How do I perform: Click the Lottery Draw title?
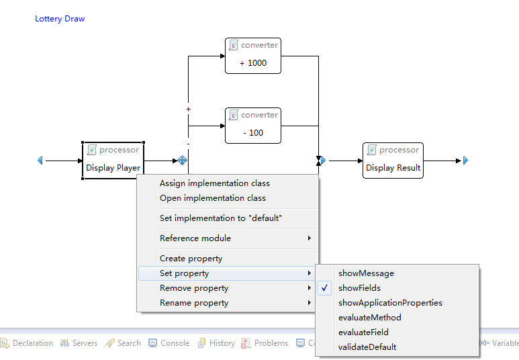click(x=60, y=19)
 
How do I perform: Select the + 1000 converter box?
click(x=253, y=56)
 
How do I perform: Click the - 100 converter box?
click(x=253, y=126)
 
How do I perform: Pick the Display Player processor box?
click(x=113, y=161)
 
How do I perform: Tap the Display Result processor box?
click(x=393, y=161)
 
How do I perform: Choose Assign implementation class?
click(x=215, y=183)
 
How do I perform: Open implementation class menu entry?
click(x=213, y=198)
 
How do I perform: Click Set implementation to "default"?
click(x=221, y=218)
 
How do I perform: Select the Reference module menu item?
click(x=195, y=238)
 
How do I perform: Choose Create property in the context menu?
click(x=191, y=259)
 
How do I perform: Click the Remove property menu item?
click(x=194, y=288)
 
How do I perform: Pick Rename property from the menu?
click(x=194, y=303)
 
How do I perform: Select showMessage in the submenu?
click(x=366, y=273)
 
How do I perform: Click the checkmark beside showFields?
click(x=324, y=288)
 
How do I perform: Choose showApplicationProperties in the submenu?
click(x=390, y=303)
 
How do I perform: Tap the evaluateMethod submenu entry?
click(x=370, y=318)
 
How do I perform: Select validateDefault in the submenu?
click(x=367, y=347)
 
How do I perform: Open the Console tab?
click(x=169, y=343)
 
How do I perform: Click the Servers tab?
click(x=79, y=343)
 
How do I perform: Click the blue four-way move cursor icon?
click(x=182, y=161)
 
